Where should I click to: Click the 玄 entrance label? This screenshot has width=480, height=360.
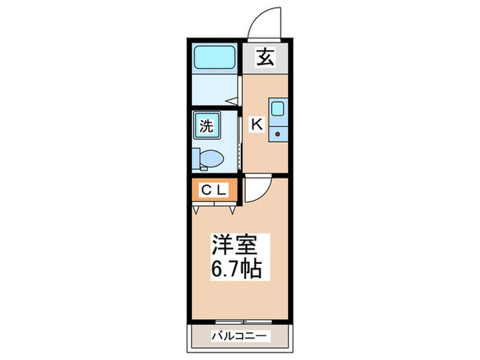point(265,58)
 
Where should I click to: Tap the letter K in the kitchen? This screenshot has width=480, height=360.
point(256,125)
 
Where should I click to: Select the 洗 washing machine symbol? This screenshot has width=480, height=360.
point(206,125)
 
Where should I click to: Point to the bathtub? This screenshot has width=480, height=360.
point(215,58)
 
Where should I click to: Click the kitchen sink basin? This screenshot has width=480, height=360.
point(278,109)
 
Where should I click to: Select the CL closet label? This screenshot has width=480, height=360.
point(214,190)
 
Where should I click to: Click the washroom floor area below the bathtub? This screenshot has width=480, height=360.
point(214,91)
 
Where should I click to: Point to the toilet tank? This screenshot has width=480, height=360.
point(195,158)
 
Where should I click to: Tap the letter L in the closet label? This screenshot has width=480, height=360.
point(222,190)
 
